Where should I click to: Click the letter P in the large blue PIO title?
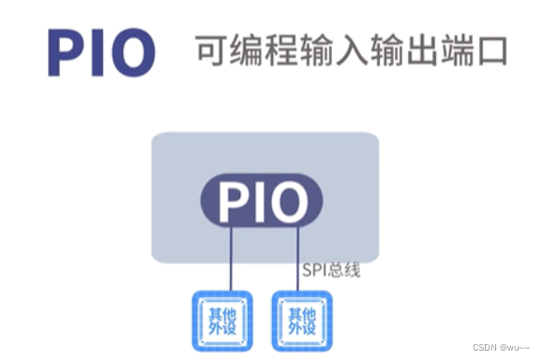(68, 52)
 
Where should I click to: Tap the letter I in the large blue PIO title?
(101, 52)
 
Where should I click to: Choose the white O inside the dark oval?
(289, 200)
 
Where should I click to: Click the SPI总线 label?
(331, 271)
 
